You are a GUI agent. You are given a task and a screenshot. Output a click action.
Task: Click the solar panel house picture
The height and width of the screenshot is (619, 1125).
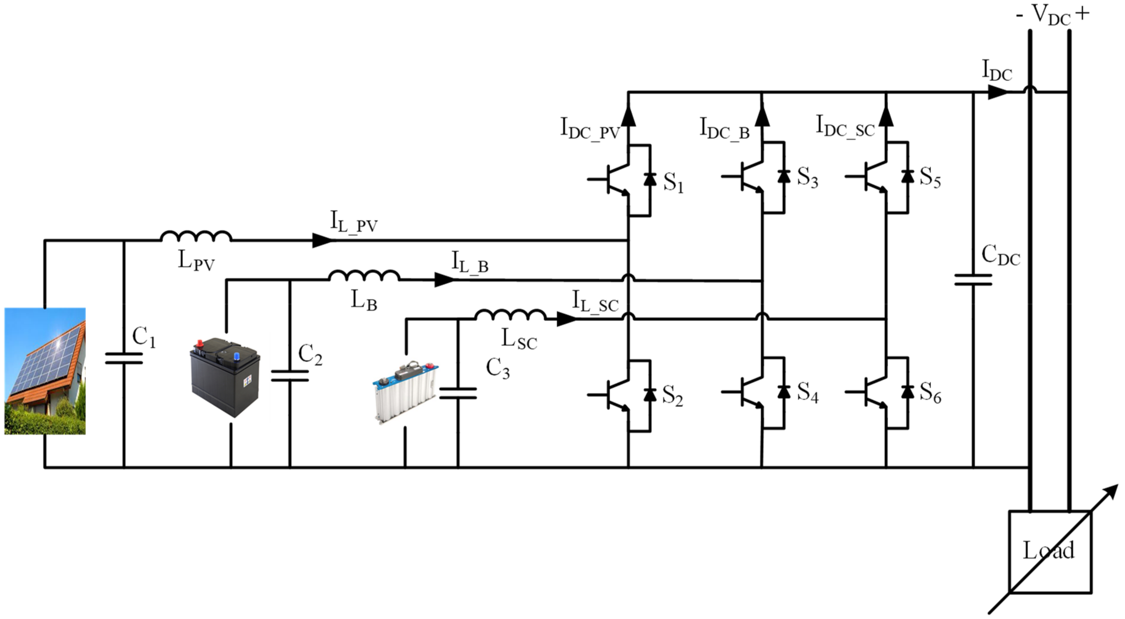(x=45, y=371)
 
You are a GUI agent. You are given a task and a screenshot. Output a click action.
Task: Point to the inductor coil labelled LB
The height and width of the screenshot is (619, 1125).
(x=364, y=276)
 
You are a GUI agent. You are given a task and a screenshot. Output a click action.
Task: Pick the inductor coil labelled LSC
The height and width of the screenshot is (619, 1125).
(x=510, y=315)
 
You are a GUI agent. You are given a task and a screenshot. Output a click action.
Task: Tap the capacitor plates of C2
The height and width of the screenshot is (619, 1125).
(x=290, y=376)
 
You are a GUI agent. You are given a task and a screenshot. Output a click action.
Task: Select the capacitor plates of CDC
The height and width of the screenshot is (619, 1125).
(x=973, y=280)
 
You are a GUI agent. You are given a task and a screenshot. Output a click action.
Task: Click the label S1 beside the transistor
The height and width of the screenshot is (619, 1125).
(x=673, y=183)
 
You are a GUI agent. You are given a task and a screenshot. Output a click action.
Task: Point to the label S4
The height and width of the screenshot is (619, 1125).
(x=807, y=392)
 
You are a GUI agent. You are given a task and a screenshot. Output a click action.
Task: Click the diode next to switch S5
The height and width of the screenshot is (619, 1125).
(x=908, y=177)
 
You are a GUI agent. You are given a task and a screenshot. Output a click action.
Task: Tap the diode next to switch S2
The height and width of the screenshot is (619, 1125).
(x=650, y=394)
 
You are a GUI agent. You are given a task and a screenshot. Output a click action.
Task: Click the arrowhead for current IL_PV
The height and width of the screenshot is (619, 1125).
(x=322, y=240)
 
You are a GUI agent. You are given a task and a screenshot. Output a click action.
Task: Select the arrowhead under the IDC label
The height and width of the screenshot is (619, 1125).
(x=997, y=92)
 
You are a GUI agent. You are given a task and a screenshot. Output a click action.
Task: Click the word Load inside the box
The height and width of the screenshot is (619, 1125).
(x=1048, y=551)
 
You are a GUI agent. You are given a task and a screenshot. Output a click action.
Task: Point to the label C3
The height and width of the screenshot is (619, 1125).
(x=498, y=368)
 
